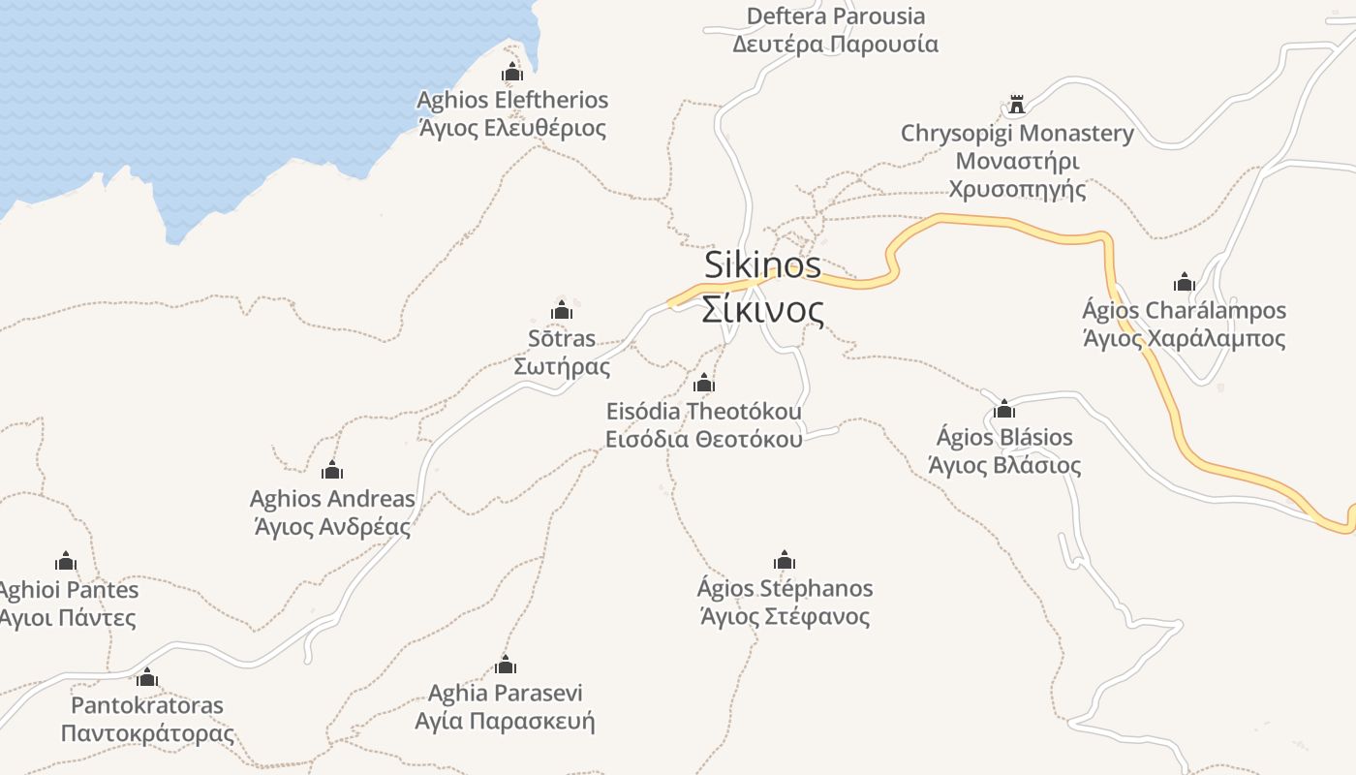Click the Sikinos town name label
[x=763, y=287]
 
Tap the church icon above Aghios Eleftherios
[x=511, y=72]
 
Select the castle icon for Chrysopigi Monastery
[x=1016, y=105]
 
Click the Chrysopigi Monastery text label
[x=1017, y=160]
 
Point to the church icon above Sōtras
[x=561, y=310]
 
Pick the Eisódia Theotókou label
[x=704, y=424]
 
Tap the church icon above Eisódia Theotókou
[x=704, y=383]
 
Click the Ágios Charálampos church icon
[x=1184, y=282]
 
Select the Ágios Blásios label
[x=1004, y=450]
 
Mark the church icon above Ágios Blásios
[x=1004, y=409]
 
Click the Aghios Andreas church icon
[x=332, y=471]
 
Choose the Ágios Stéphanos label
[x=785, y=602]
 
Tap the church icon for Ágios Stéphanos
[x=785, y=560]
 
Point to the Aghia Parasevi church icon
[x=505, y=665]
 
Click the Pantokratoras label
[x=147, y=719]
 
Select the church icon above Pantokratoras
[x=147, y=677]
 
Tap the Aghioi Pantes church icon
[x=66, y=561]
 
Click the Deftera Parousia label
[x=835, y=30]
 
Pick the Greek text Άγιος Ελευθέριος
[x=512, y=128]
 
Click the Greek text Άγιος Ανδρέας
[x=332, y=527]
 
